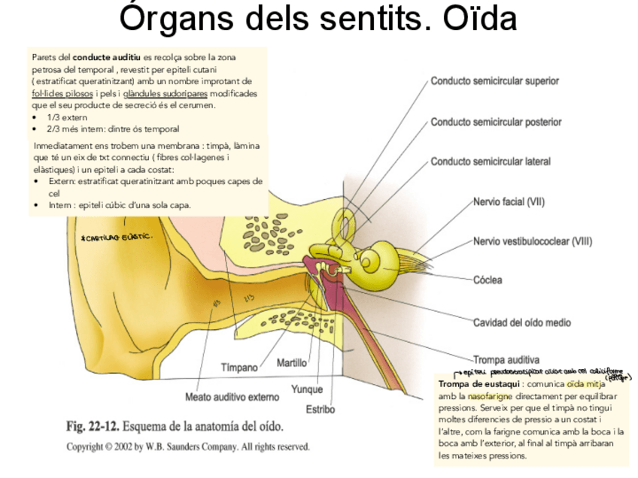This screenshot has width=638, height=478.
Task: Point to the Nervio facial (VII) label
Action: point(509,201)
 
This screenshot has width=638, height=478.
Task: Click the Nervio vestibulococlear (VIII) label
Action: point(532,241)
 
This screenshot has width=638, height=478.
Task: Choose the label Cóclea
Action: point(487,280)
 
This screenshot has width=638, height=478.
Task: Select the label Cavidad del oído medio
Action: point(521,322)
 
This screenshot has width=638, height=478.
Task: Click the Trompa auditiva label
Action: point(506,359)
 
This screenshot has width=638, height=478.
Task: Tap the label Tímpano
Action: point(239,368)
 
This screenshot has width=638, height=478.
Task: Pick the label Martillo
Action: point(292,363)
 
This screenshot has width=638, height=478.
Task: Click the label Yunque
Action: point(307,389)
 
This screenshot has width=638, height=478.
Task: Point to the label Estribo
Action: point(320,410)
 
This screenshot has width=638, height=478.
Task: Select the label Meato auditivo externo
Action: point(232,396)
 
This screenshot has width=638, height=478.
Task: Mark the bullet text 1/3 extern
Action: point(67,117)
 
